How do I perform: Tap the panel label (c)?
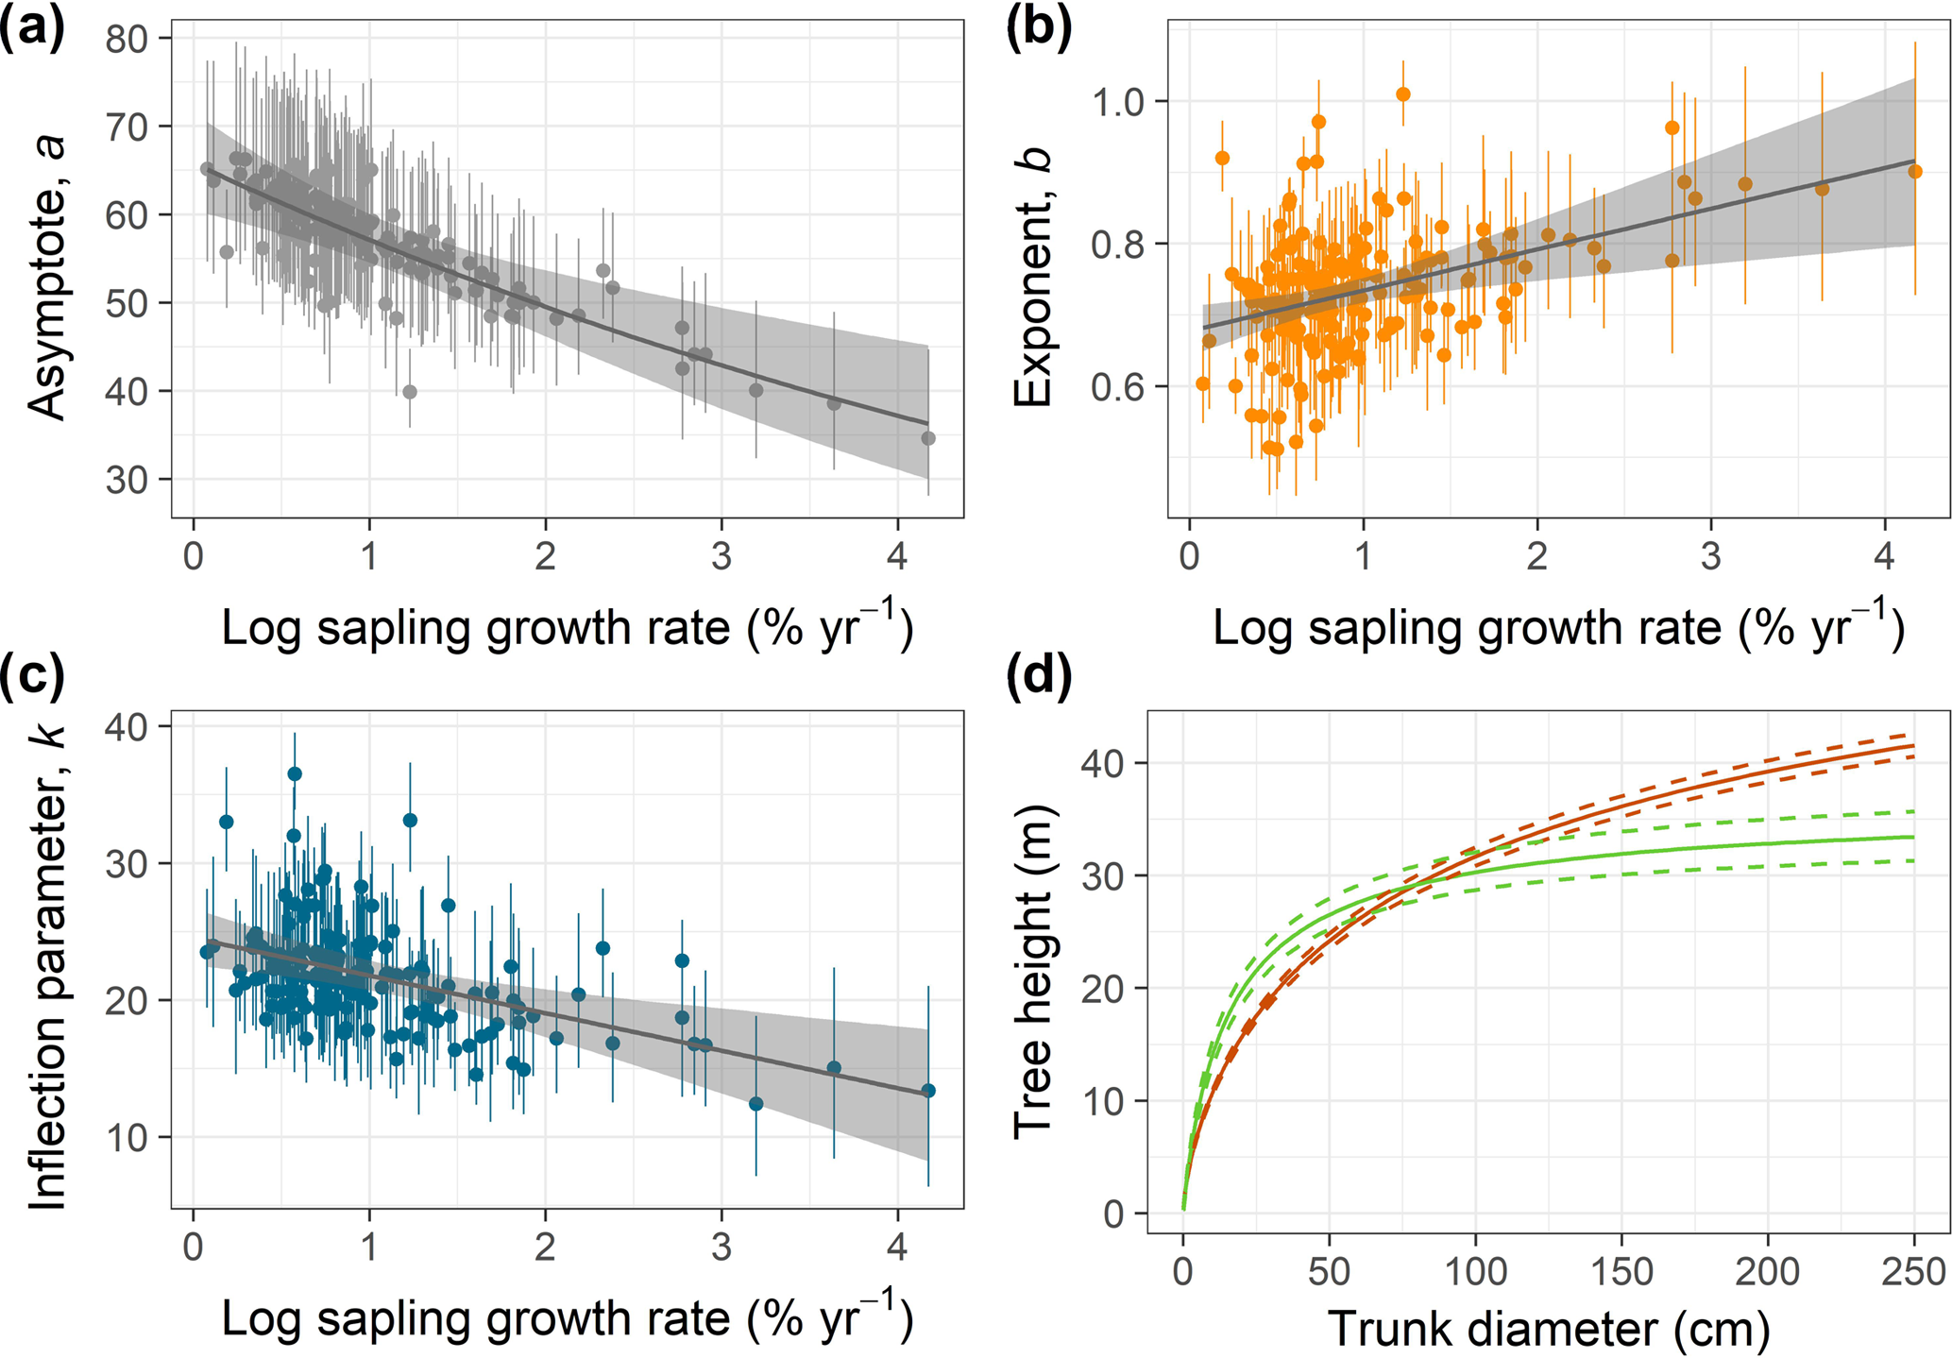tap(32, 675)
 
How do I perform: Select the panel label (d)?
tap(1038, 675)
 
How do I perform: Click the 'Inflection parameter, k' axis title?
tap(47, 967)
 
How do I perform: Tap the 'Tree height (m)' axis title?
tap(1033, 973)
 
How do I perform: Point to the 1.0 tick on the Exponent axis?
tap(1119, 102)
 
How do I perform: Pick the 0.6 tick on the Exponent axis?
tap(1119, 387)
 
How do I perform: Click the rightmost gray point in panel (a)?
tap(928, 438)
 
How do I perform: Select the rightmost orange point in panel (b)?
tap(1915, 172)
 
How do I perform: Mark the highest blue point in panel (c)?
tap(295, 774)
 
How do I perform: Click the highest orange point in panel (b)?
tap(1403, 94)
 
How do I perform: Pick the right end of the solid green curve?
tap(1913, 837)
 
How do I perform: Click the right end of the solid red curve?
tap(1913, 746)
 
